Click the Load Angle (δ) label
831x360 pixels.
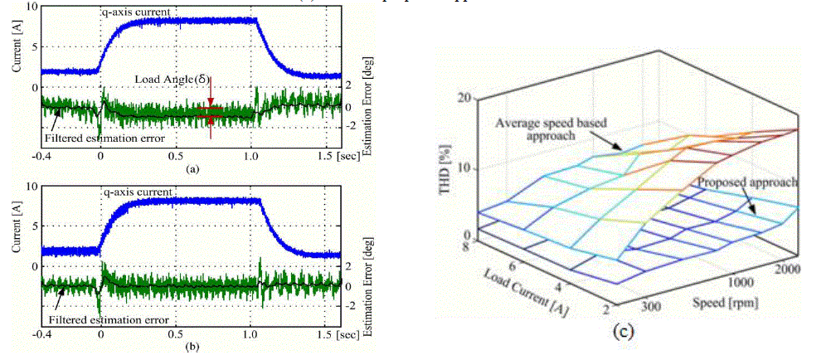pyautogui.click(x=172, y=79)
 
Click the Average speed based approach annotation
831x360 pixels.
pyautogui.click(x=552, y=128)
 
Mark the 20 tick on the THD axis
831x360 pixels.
pyautogui.click(x=474, y=99)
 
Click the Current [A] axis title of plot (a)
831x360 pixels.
pyautogui.click(x=12, y=48)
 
